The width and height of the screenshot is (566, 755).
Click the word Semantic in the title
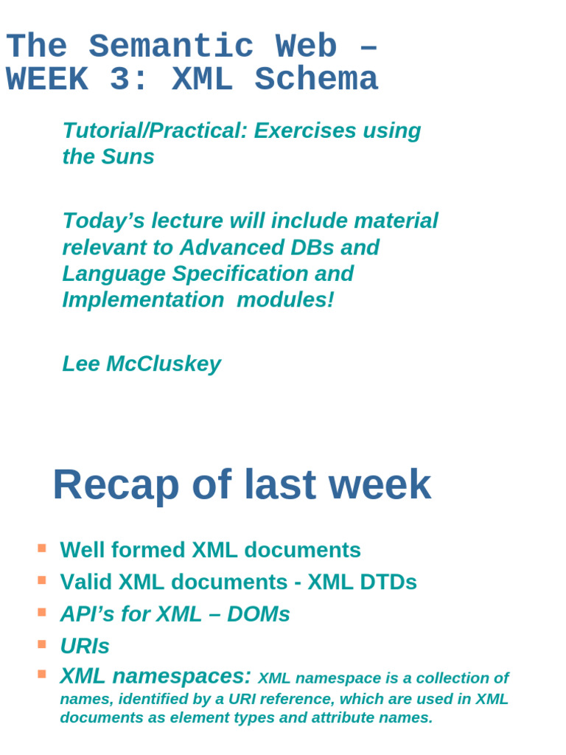[x=171, y=48]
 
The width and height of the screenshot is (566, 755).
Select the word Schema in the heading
[x=316, y=80]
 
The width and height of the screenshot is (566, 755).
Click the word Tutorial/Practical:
[x=156, y=131]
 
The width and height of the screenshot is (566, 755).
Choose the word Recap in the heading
[x=116, y=486]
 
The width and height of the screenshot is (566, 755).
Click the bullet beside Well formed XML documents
[x=42, y=549]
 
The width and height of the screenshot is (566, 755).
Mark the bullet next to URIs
[x=42, y=644]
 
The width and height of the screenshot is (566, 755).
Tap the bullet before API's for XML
[x=42, y=612]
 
